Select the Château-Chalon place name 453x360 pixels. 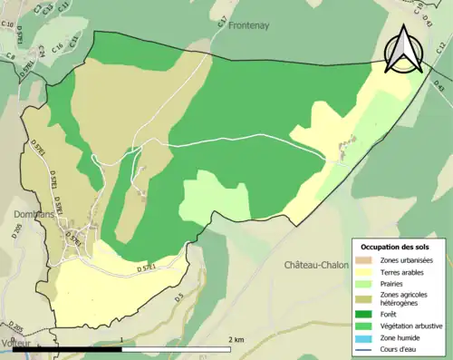tap(314, 265)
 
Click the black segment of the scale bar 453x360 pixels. tap(91, 347)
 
